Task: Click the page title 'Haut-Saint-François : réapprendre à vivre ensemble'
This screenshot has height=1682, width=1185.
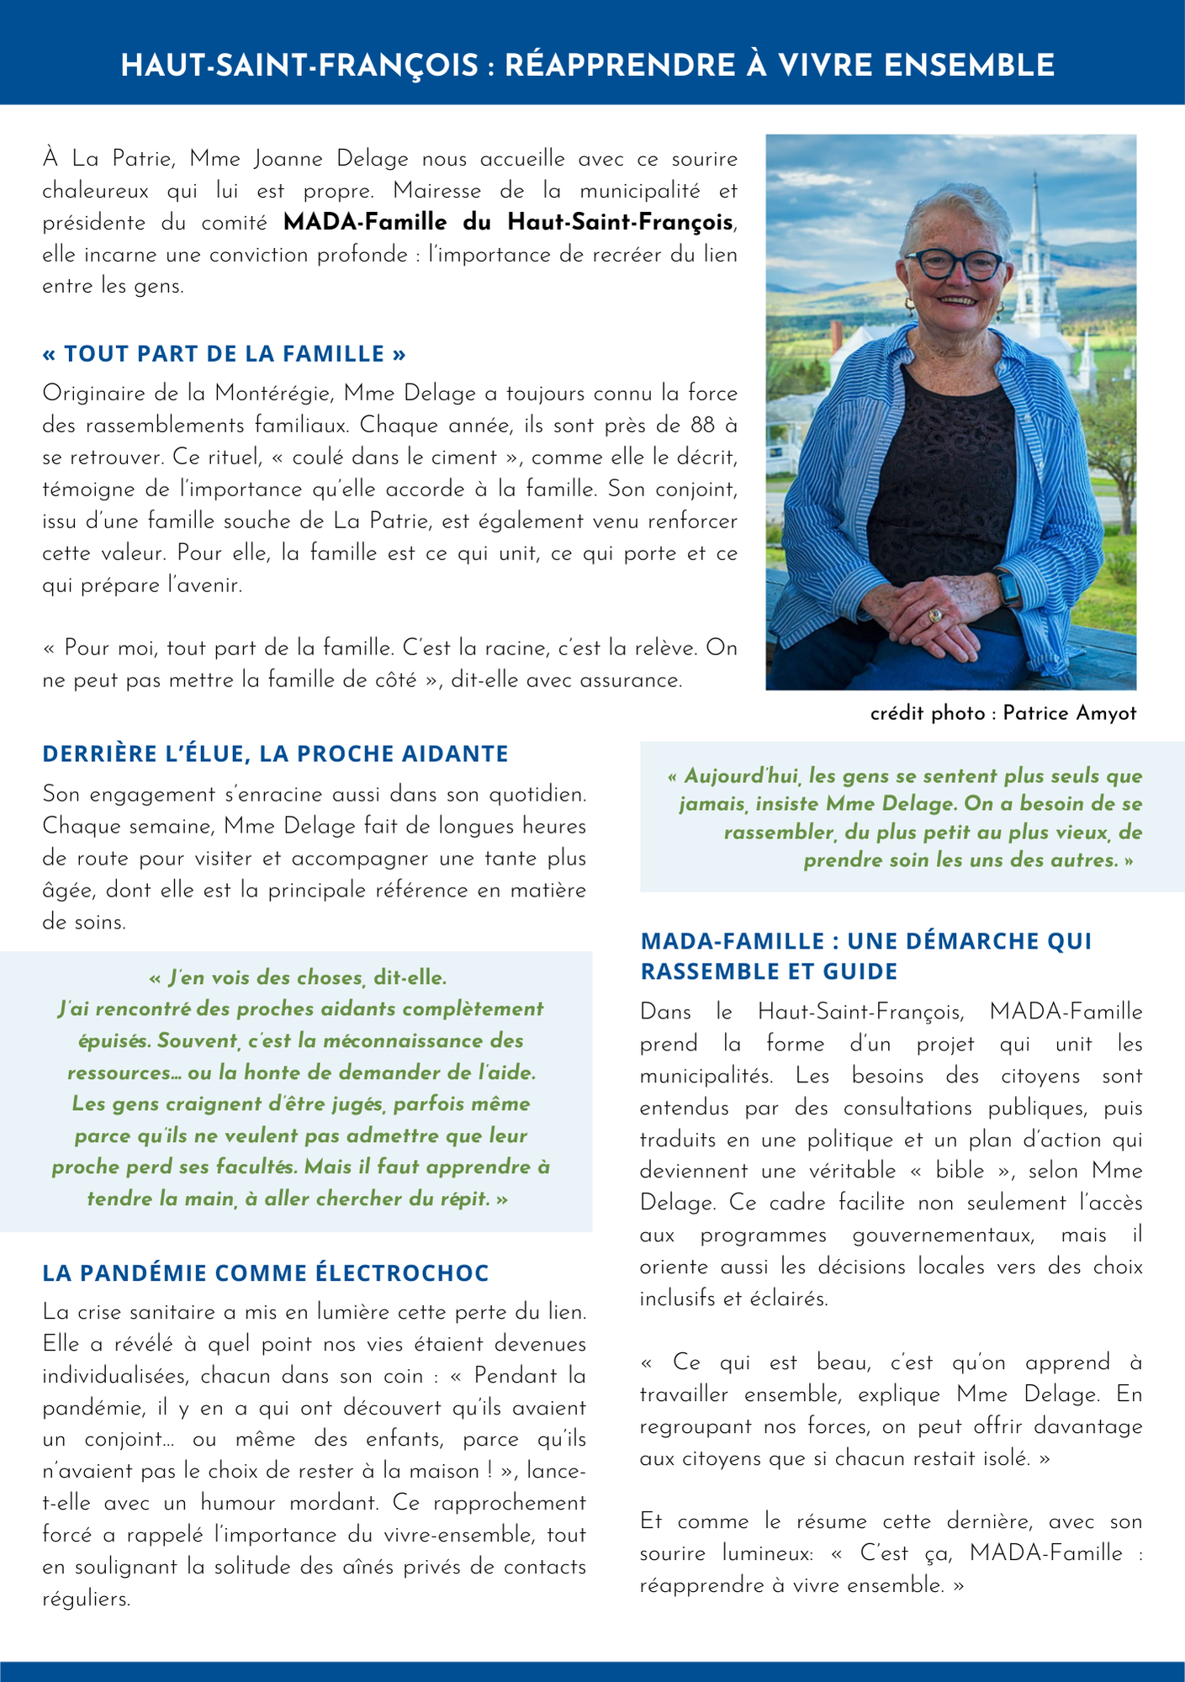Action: click(x=587, y=66)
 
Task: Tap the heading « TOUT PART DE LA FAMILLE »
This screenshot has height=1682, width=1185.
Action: click(x=224, y=353)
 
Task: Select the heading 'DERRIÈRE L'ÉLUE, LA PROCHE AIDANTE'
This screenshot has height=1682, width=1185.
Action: click(x=275, y=754)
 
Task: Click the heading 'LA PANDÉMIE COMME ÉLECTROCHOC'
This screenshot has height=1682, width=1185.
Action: click(x=265, y=1273)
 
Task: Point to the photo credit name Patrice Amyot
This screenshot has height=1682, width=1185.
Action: click(x=1069, y=713)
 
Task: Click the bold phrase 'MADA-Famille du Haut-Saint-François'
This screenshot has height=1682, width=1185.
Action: click(x=507, y=223)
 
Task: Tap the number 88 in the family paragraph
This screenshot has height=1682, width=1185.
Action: click(x=703, y=426)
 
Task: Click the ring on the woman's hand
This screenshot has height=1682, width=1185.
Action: click(x=934, y=616)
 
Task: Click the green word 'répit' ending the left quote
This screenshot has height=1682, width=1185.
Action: click(x=467, y=1198)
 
